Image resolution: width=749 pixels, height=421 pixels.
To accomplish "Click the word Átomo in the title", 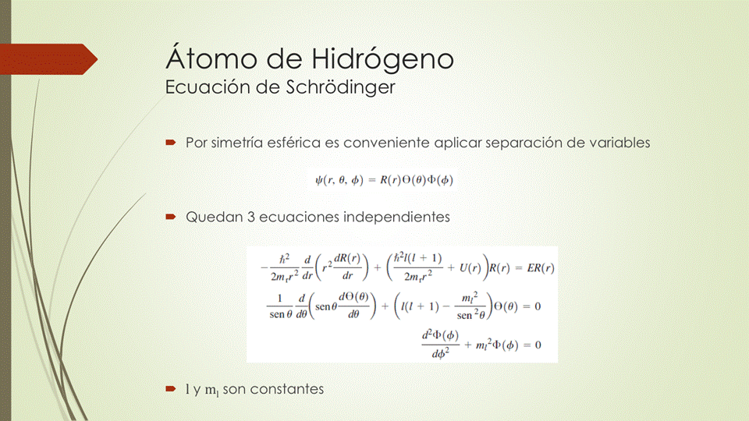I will point(204,59).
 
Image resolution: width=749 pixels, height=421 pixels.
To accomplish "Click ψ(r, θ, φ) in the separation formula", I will point(340,180).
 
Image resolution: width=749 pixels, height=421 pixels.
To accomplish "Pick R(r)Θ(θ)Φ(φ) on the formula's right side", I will point(416,180).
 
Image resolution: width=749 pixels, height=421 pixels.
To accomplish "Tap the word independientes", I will point(396,218).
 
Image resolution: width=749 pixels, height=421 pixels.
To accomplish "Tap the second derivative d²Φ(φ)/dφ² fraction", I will point(438,344).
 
